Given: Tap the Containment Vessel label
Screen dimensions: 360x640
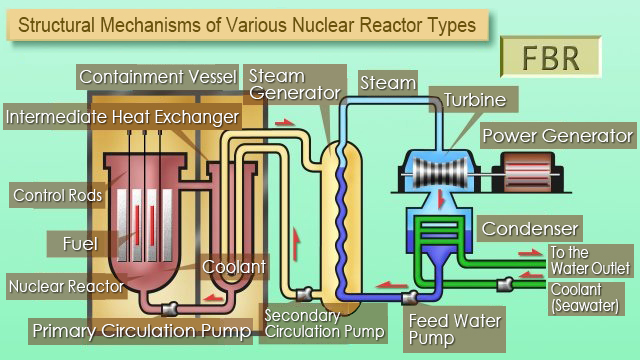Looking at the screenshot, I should pos(157,77).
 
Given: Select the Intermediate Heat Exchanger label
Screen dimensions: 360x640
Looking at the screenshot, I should pos(121,117).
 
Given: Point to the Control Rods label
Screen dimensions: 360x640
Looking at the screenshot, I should pos(57,195).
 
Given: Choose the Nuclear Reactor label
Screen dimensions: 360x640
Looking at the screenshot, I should pos(66,287).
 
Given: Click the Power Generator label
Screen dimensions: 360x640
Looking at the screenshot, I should pos(557,135).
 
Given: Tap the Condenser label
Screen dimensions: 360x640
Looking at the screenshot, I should pos(530,229).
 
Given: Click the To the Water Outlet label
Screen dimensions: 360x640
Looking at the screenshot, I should pos(590,259).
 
